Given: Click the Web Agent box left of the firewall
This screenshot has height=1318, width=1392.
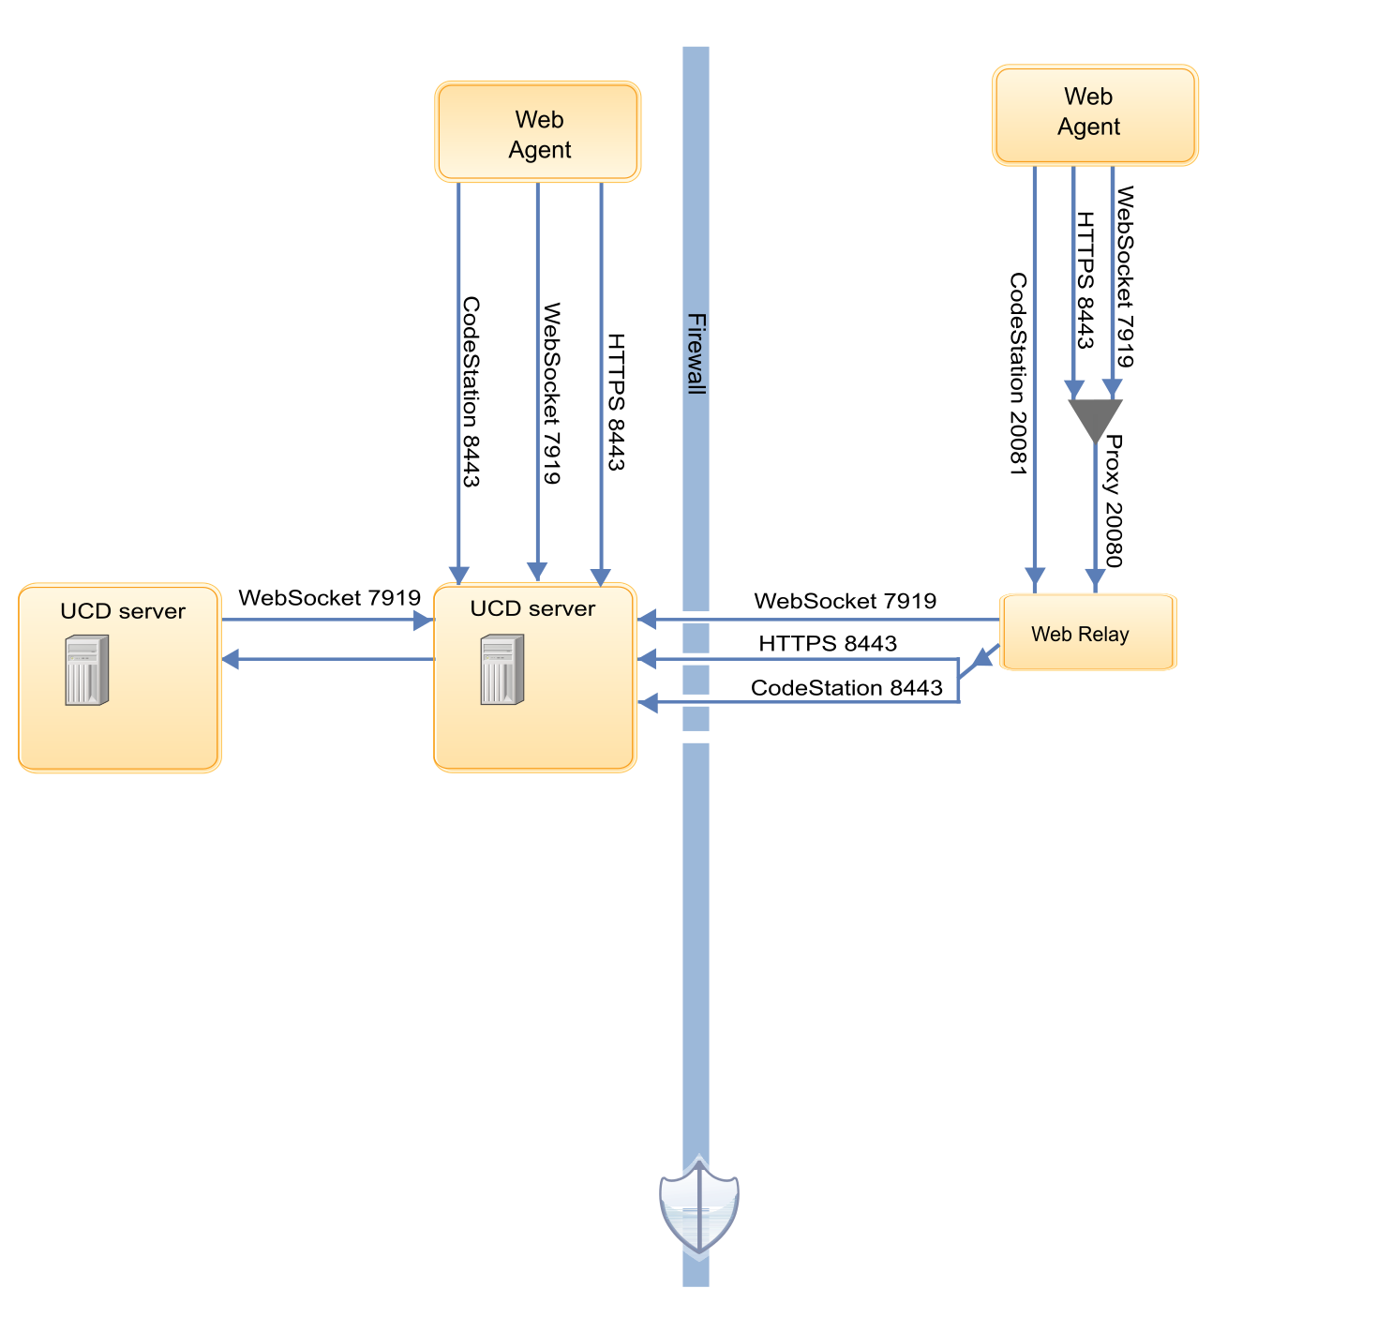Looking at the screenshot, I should [x=537, y=132].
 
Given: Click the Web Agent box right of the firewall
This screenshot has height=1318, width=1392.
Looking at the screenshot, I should [x=1095, y=115].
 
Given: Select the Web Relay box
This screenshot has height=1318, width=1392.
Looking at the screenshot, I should [x=1087, y=633].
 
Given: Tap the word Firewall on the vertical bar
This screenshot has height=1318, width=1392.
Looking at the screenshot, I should [x=696, y=353].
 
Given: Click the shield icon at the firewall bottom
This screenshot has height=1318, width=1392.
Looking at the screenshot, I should [x=698, y=1207].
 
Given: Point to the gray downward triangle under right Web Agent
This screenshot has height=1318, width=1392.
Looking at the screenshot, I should [x=1095, y=418].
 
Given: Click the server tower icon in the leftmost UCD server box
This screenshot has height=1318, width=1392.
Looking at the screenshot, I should [x=86, y=669].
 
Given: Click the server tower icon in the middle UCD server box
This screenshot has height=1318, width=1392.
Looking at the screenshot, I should [x=501, y=669].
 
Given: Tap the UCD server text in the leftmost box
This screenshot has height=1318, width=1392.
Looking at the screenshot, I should [x=123, y=611].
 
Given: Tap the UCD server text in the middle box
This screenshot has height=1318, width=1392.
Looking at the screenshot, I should [x=532, y=608].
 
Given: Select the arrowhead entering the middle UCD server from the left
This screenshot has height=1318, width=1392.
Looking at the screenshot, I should [x=424, y=620].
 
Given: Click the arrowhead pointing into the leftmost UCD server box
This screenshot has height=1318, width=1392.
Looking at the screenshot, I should [x=232, y=659].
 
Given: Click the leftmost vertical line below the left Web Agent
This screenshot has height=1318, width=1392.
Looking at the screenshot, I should [x=458, y=375].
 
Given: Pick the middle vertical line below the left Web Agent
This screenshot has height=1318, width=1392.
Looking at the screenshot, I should [x=537, y=375].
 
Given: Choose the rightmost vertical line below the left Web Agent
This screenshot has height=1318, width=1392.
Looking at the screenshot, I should [x=601, y=375].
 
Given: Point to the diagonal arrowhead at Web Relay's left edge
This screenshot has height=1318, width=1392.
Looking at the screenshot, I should [x=980, y=658].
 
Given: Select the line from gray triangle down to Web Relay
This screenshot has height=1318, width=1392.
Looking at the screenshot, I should [x=1095, y=506].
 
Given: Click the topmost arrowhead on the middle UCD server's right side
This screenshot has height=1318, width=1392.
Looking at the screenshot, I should [x=647, y=619].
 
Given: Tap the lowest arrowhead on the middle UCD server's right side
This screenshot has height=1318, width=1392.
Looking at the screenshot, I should [x=647, y=702].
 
